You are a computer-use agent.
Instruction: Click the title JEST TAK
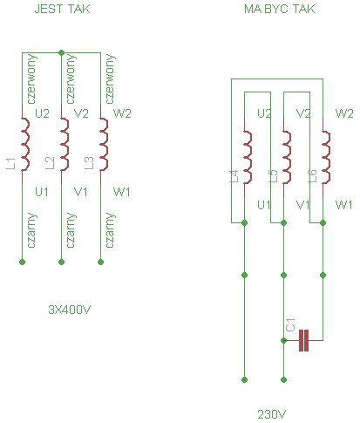62,9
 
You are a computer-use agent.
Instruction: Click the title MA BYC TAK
280,9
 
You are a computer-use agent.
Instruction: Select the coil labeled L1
25,144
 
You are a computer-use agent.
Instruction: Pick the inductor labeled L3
104,144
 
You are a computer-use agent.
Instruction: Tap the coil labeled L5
287,157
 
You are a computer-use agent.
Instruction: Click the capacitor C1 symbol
303,340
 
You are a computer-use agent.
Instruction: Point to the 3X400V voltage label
70,310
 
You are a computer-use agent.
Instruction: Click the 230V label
272,414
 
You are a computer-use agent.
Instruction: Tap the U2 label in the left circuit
42,113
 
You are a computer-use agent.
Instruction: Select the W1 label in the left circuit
121,192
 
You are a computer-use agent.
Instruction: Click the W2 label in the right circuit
344,113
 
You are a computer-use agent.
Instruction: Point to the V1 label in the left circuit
80,192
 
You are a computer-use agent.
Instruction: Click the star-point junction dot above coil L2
61,52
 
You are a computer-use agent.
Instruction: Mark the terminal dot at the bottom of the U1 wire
22,262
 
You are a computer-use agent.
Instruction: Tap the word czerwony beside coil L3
110,78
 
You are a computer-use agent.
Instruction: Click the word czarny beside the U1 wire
31,230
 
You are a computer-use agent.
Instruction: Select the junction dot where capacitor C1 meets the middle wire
283,340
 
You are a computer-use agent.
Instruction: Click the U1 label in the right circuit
264,205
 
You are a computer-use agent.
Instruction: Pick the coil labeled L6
326,157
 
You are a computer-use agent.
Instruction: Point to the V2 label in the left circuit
81,113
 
